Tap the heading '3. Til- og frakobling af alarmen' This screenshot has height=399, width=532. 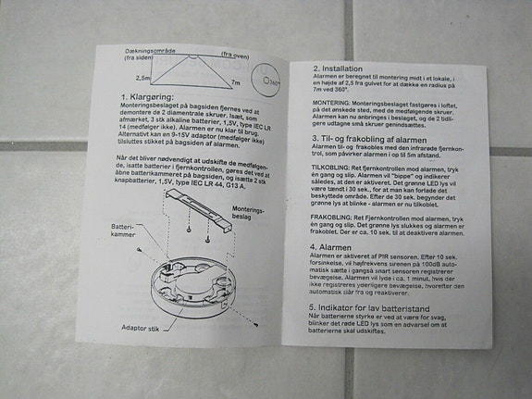point(380,138)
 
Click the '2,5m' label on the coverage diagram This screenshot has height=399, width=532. point(142,79)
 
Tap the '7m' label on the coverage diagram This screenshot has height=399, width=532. point(235,82)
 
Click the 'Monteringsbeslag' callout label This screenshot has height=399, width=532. point(249,215)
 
